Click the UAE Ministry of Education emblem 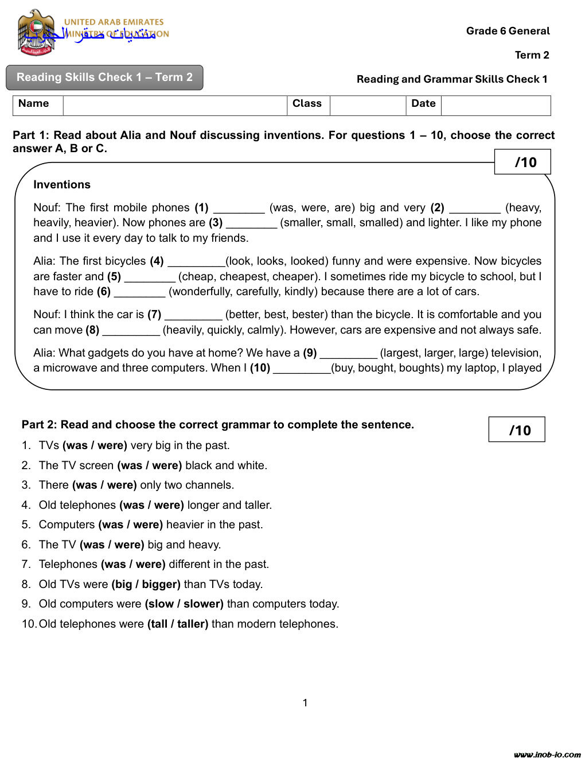(x=36, y=32)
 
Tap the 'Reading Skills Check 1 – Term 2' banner (x=104, y=78)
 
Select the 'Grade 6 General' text (x=508, y=31)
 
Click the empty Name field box (x=174, y=106)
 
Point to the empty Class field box (x=368, y=106)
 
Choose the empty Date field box (x=496, y=106)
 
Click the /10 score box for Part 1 (x=522, y=162)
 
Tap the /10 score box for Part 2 (x=517, y=430)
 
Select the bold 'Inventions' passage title (x=62, y=184)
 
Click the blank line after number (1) (x=239, y=208)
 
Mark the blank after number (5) (x=150, y=277)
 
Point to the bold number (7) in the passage (x=154, y=315)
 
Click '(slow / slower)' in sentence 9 (x=184, y=604)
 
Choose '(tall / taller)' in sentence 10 (x=178, y=624)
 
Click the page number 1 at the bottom (x=305, y=703)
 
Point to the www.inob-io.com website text (x=547, y=754)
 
